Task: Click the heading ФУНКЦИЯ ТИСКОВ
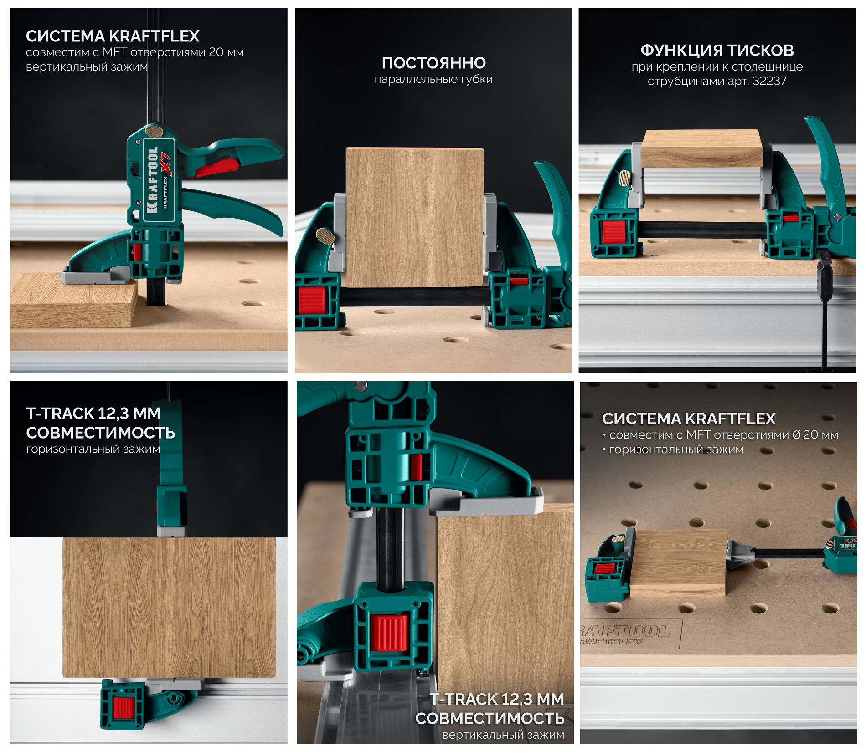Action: click(717, 50)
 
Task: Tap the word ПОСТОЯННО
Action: click(434, 63)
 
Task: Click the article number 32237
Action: click(769, 81)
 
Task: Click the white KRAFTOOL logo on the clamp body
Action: click(152, 180)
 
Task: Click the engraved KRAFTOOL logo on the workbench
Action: click(624, 631)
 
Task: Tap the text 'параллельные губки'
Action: click(433, 79)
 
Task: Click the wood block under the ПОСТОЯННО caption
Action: click(415, 217)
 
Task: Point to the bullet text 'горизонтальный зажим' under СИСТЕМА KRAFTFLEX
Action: click(676, 450)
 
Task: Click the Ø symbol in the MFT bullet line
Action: click(796, 435)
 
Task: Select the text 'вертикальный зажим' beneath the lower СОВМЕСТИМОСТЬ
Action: click(503, 735)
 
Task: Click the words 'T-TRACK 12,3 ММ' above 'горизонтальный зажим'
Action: click(93, 414)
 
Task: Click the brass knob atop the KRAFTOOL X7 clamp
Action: click(155, 132)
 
